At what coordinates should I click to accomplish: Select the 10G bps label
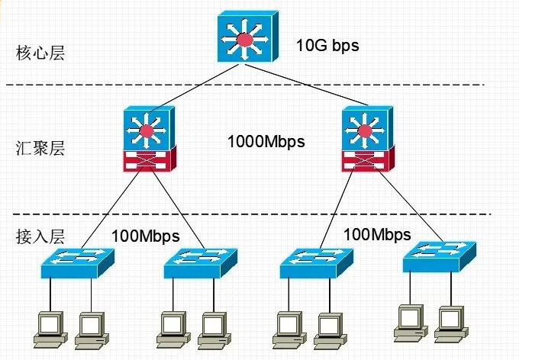point(327,45)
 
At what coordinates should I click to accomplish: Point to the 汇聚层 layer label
point(40,147)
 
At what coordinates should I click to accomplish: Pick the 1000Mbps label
point(266,141)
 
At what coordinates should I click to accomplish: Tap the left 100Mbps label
point(145,236)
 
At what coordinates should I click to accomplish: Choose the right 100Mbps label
point(377,234)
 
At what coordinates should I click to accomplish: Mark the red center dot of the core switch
point(245,39)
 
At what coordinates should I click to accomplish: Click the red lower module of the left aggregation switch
point(149,161)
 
